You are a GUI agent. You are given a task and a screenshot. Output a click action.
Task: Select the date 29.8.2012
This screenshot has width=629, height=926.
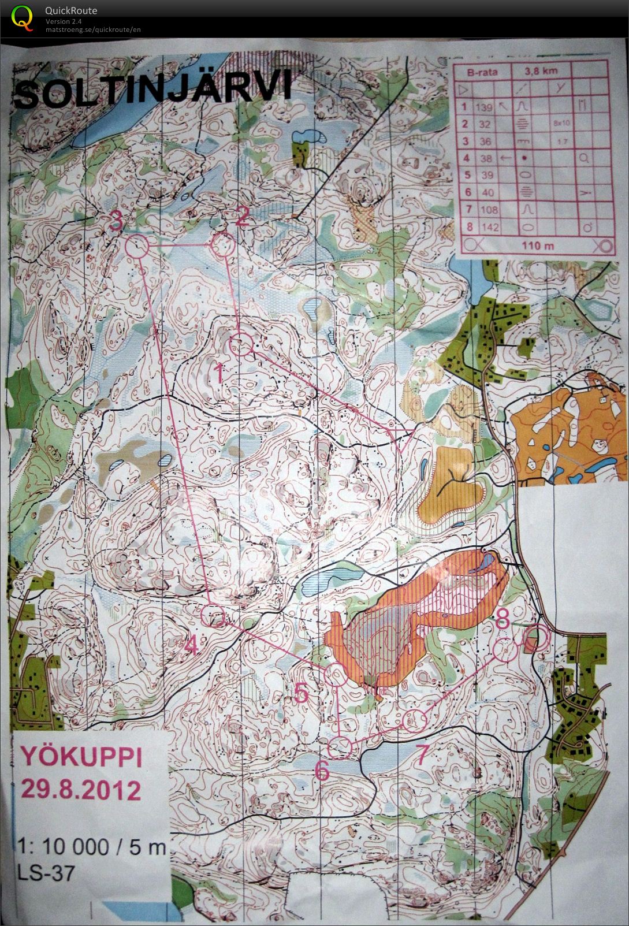tap(81, 789)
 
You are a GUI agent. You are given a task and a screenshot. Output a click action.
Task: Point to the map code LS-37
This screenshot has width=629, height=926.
tap(46, 873)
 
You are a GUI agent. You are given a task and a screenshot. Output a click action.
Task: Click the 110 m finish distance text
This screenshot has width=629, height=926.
tap(537, 246)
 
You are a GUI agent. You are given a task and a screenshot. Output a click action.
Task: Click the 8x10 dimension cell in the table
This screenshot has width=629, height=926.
tap(560, 124)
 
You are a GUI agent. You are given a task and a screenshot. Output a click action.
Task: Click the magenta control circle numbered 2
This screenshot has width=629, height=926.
tap(223, 247)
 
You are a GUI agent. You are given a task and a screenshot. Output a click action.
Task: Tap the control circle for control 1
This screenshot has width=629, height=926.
tap(241, 346)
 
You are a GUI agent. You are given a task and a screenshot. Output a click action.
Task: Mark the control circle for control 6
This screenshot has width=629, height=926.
tap(341, 747)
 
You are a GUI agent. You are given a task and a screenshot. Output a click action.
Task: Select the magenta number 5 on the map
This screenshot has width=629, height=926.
tap(301, 693)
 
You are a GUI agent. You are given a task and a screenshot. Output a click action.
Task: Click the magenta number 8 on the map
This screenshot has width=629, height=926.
tap(502, 622)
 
